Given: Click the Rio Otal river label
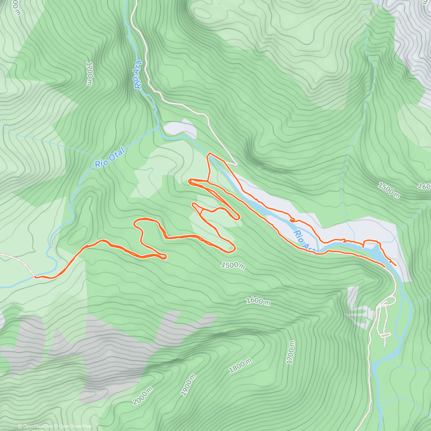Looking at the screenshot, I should click(x=110, y=158).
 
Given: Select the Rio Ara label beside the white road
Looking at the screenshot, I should click(x=137, y=74).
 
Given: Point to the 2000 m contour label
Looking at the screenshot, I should click(x=143, y=396).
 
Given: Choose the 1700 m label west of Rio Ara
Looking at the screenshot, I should click(x=89, y=73).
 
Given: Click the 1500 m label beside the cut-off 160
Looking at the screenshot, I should click(x=389, y=190).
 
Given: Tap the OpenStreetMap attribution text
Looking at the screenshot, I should click(x=73, y=426).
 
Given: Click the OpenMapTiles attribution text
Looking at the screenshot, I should click(x=35, y=426).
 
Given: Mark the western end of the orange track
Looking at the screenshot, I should click(x=36, y=277).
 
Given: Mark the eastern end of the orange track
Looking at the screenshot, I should click(x=396, y=265).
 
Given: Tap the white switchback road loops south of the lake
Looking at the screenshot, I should click(x=384, y=323).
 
